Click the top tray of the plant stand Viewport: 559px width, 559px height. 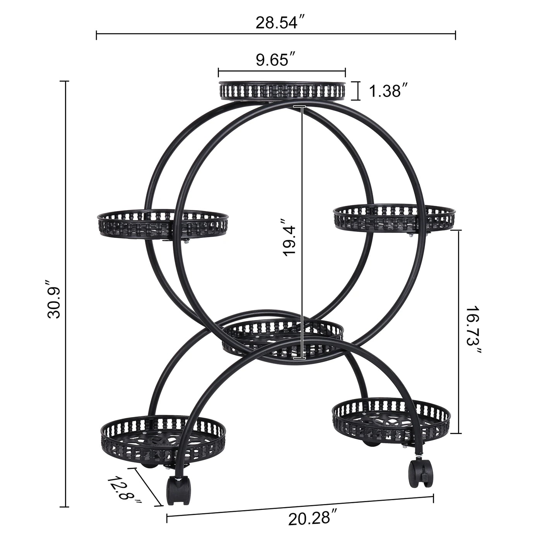282,91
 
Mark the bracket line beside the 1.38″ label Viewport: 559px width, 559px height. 358,91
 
